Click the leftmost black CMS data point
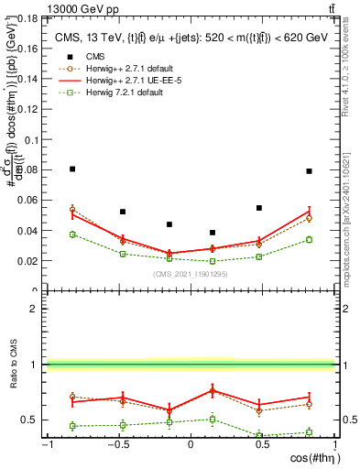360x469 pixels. [72, 169]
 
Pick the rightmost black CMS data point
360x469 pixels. [310, 171]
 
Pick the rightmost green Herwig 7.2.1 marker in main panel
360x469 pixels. [310, 240]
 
